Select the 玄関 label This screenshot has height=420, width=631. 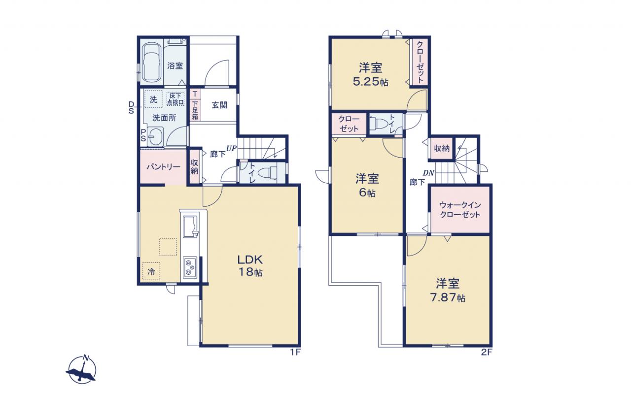coord(219,105)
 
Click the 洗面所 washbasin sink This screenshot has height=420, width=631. coord(155,137)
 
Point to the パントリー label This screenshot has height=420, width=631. coord(163,167)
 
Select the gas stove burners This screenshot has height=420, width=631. coord(190,267)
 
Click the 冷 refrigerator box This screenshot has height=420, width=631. coord(151,271)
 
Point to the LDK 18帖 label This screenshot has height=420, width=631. coord(250,265)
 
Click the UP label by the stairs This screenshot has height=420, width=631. coord(232,148)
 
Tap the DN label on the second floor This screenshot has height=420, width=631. coord(428,173)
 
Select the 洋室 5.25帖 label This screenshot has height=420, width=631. coord(370,74)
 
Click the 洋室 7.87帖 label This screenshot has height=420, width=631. coord(448,290)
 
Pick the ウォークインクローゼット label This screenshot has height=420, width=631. coord(460,210)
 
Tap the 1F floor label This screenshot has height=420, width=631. coord(295,352)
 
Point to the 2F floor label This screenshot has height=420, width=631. coord(487,352)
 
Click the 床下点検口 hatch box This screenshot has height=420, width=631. coord(175,99)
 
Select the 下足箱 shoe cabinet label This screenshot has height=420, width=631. coord(195,110)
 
